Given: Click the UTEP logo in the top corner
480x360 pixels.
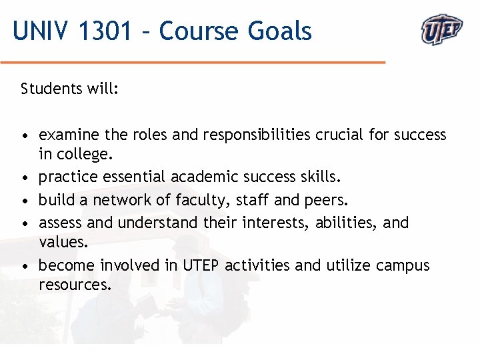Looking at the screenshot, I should click(x=441, y=29).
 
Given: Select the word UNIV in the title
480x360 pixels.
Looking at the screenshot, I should click(x=41, y=31).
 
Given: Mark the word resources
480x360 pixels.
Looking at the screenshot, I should click(x=74, y=285).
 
